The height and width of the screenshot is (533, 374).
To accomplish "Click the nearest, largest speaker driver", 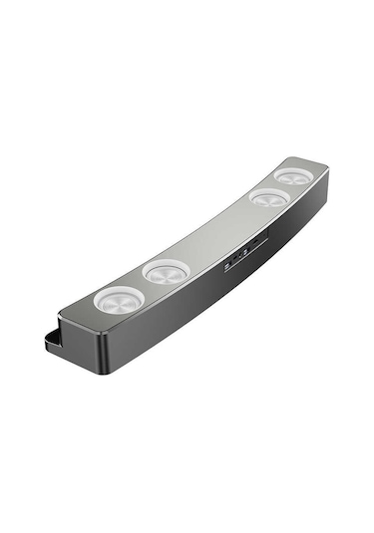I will point(119,298).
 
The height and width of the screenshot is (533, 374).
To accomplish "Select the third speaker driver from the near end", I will point(267,199).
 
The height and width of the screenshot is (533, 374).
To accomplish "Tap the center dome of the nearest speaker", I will point(119,298).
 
